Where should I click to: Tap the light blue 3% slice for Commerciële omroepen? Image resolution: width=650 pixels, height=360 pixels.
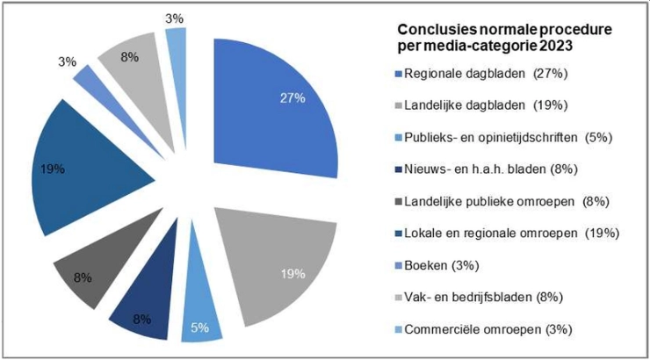pos(177,44)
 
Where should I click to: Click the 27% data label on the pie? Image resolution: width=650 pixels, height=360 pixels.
pos(292,97)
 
